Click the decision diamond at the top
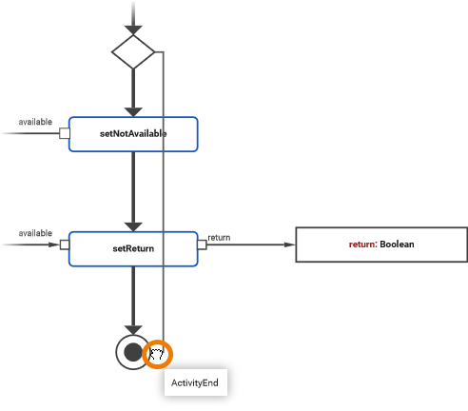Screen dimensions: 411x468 click(133, 51)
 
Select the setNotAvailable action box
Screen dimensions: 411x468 click(133, 134)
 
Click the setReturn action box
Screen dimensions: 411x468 click(133, 248)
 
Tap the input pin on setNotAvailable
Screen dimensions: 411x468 click(65, 133)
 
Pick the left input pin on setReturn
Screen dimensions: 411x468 click(65, 245)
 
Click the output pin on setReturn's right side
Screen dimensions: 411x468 click(202, 245)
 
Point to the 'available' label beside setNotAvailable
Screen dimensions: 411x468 click(35, 122)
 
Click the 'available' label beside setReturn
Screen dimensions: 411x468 click(35, 233)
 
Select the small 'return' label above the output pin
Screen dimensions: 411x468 click(219, 237)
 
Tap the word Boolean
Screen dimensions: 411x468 click(397, 245)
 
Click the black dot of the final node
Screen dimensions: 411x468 click(133, 352)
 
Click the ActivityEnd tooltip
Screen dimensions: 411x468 click(195, 383)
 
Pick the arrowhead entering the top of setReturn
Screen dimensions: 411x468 click(133, 224)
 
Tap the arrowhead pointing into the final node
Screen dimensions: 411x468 click(133, 328)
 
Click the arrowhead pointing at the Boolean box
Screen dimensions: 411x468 click(289, 245)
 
